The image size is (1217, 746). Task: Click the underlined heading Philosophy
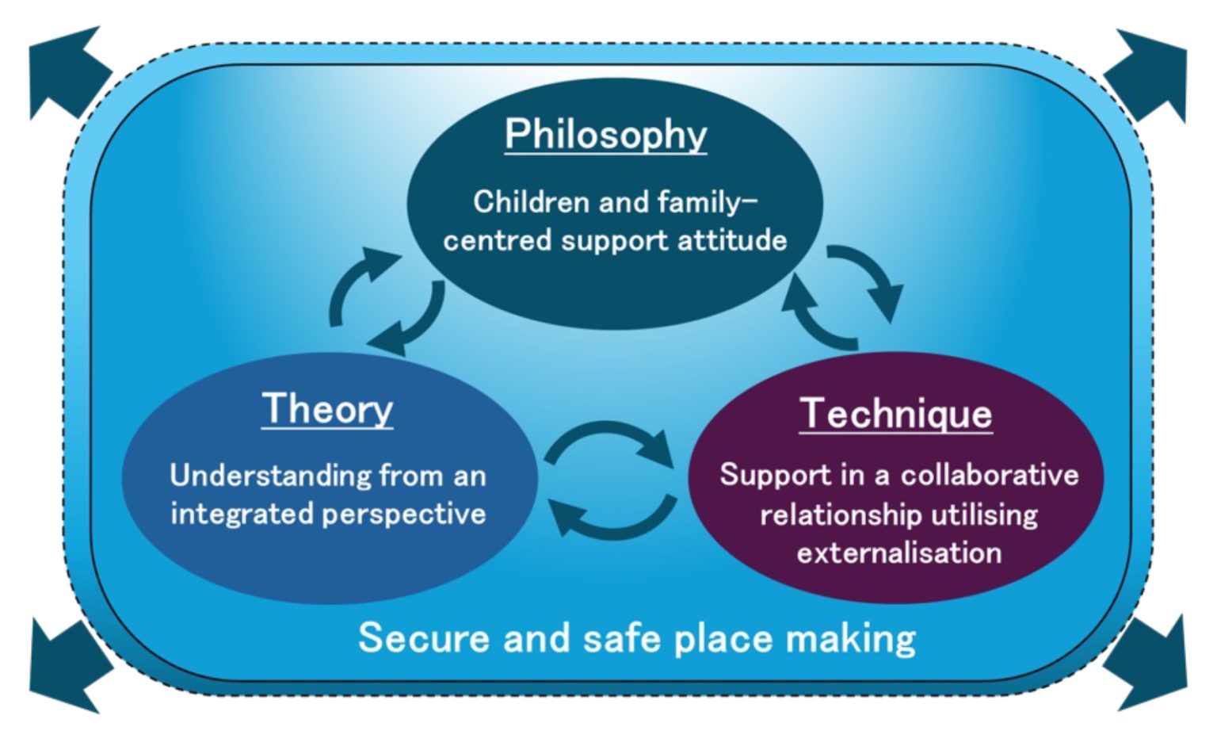point(606,135)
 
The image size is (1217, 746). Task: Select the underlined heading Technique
point(896,415)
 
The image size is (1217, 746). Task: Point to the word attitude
point(732,240)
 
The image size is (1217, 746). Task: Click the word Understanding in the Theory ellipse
point(269,476)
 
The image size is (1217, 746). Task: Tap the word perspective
point(403,515)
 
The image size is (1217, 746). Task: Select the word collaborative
point(990,475)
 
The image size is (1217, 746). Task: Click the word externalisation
point(899,553)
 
